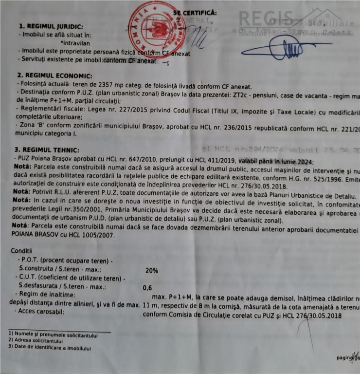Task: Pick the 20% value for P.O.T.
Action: pyautogui.click(x=152, y=269)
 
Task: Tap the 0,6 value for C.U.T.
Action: pyautogui.click(x=147, y=287)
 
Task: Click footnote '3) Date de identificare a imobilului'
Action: pyautogui.click(x=49, y=348)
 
